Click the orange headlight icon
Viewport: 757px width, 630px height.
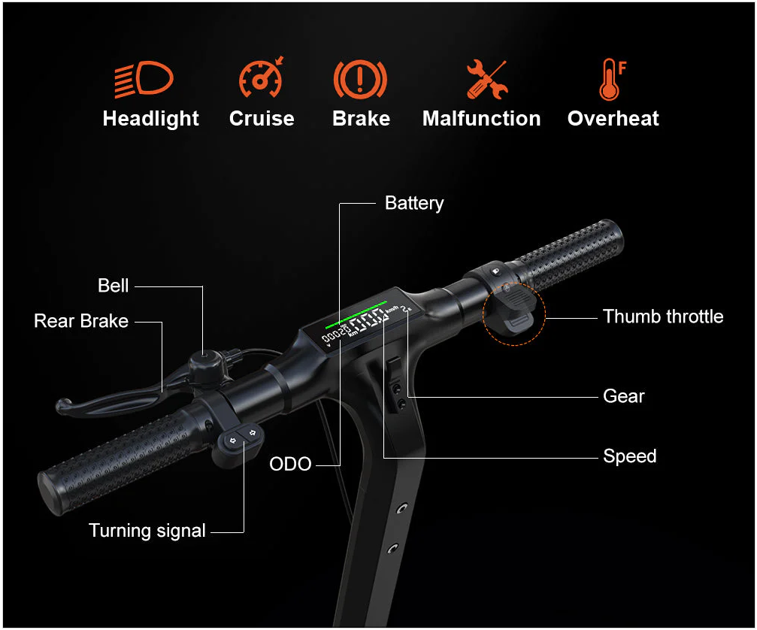(144, 79)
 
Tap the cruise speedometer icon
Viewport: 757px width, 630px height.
(261, 77)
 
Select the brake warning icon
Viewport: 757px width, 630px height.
(360, 79)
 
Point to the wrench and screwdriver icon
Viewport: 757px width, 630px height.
(486, 79)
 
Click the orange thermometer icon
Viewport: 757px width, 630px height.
(612, 79)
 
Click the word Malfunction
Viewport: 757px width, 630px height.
(481, 119)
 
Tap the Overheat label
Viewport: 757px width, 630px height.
(613, 119)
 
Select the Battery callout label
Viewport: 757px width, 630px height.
(414, 203)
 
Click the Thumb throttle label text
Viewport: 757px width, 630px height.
(663, 317)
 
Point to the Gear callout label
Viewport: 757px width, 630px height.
(624, 396)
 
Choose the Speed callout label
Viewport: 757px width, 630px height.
(629, 456)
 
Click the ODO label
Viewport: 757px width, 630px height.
(290, 464)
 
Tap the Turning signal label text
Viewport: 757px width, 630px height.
(147, 531)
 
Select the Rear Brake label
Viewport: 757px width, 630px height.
(81, 321)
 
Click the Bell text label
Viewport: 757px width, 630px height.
(113, 286)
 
